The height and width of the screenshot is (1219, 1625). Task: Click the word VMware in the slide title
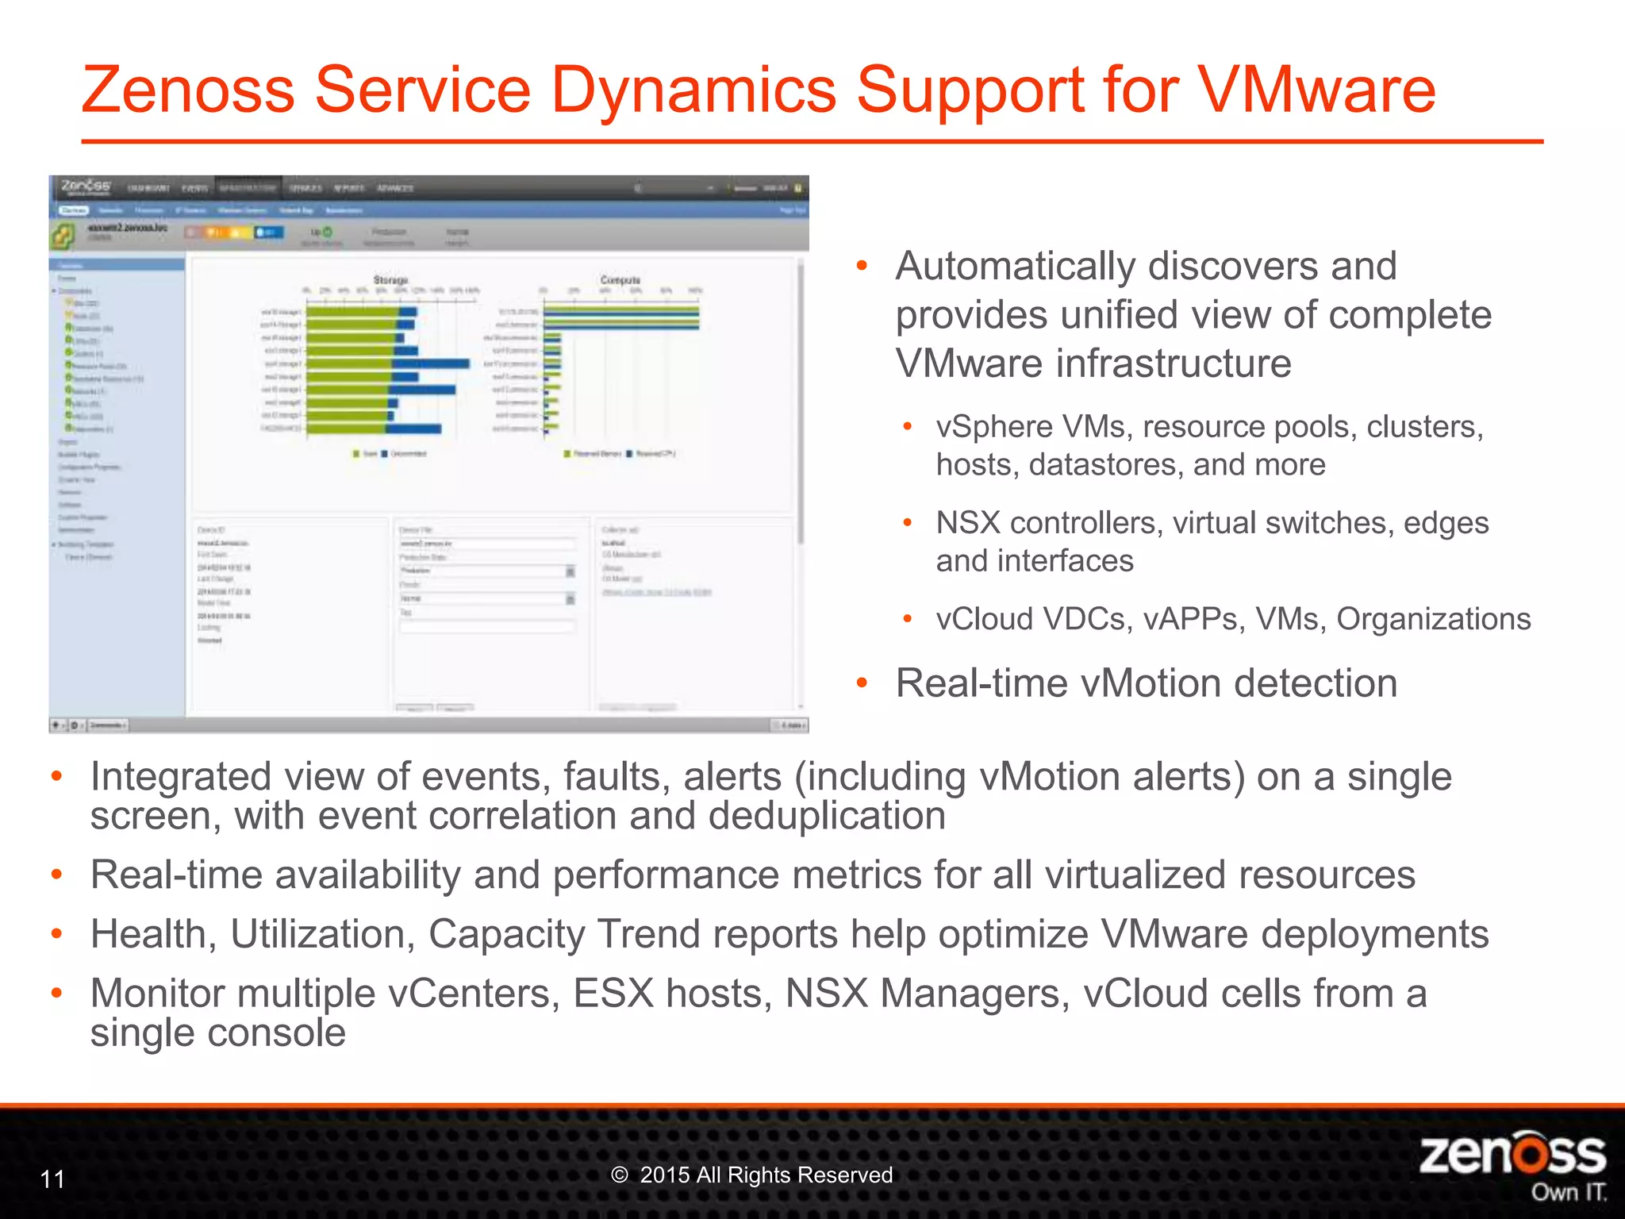coord(1316,90)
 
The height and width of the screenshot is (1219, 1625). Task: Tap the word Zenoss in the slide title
coord(188,90)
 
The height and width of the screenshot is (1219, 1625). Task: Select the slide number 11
coord(52,1179)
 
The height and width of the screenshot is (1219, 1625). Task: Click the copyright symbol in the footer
coord(620,1175)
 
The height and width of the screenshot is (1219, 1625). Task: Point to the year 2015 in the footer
coord(664,1175)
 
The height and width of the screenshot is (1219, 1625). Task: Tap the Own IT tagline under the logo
coord(1569,1193)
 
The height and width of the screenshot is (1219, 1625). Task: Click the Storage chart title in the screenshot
coord(390,280)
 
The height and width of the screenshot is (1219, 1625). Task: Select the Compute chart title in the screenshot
coord(620,280)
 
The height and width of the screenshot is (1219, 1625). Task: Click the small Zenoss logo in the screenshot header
coord(86,187)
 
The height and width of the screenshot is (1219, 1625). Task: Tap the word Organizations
coord(1433,619)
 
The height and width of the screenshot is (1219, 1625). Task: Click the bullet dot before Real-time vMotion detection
coord(862,683)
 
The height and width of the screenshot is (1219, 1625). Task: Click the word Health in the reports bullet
coord(153,934)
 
